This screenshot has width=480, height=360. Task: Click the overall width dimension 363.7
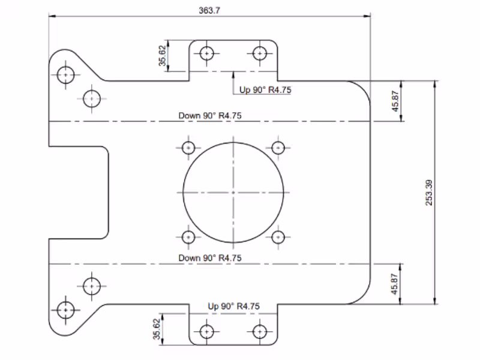point(209,10)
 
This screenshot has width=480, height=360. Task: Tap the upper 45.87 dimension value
point(395,101)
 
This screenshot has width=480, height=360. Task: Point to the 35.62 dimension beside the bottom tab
point(157,329)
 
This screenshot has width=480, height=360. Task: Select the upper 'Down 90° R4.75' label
point(210,116)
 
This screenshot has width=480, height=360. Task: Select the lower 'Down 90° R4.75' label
point(210,257)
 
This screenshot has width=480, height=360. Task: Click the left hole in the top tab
point(207,53)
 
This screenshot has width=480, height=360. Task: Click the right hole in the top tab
point(260,53)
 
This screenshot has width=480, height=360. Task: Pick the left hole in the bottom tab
point(207,331)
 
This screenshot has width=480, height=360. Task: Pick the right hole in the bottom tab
point(260,331)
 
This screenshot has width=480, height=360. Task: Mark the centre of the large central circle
point(233,192)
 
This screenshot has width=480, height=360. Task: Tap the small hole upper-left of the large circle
point(188,148)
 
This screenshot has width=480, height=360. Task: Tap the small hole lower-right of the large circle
point(277,237)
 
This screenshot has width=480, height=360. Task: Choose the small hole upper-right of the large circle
point(277,148)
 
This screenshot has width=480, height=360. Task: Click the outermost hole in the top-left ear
point(65,75)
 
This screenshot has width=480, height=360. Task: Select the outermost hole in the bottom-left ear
point(65,310)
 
